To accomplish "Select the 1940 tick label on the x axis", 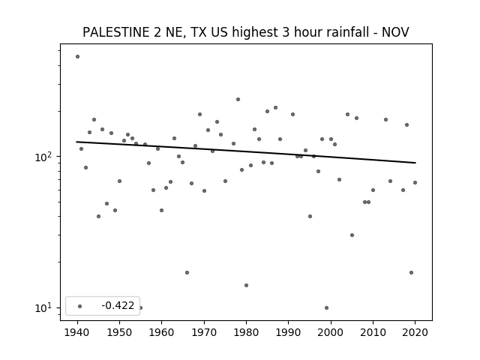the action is pyautogui.click(x=77, y=332).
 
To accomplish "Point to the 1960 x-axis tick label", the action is pyautogui.click(x=162, y=332).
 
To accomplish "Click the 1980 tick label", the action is pyautogui.click(x=246, y=332).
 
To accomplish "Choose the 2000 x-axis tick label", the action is pyautogui.click(x=331, y=332).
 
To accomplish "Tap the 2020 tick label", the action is pyautogui.click(x=415, y=332).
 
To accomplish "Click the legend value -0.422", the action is pyautogui.click(x=118, y=305).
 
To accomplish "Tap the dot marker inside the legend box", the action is pyautogui.click(x=80, y=306).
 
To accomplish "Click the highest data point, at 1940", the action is pyautogui.click(x=77, y=57).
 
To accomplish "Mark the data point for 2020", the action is pyautogui.click(x=415, y=183).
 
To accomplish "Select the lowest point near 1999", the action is pyautogui.click(x=327, y=308).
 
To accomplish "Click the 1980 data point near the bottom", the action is pyautogui.click(x=247, y=285).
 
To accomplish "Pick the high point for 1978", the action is pyautogui.click(x=238, y=100).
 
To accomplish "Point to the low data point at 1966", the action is pyautogui.click(x=187, y=272).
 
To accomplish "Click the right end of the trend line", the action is pyautogui.click(x=415, y=163).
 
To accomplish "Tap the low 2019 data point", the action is pyautogui.click(x=411, y=272).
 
